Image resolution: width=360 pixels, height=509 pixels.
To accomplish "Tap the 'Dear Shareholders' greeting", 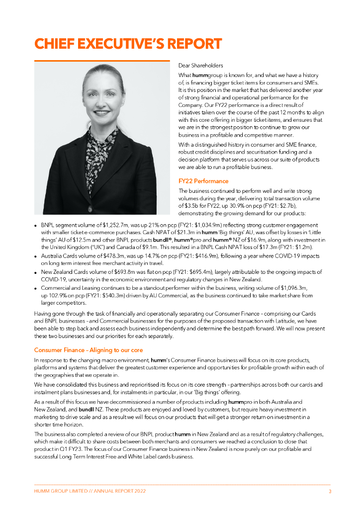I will click(201, 65).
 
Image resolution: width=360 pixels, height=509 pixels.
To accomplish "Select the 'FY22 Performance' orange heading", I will click(203, 181).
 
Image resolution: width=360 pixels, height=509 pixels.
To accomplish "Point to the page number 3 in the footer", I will click(330, 491).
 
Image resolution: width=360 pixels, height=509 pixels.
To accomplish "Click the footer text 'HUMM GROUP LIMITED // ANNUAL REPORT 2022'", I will click(90, 491).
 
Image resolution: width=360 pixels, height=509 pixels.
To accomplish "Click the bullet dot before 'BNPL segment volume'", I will click(36, 226).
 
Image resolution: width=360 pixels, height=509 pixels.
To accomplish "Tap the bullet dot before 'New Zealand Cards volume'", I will click(36, 272).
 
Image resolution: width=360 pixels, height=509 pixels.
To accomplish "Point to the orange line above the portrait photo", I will click(102, 61).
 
